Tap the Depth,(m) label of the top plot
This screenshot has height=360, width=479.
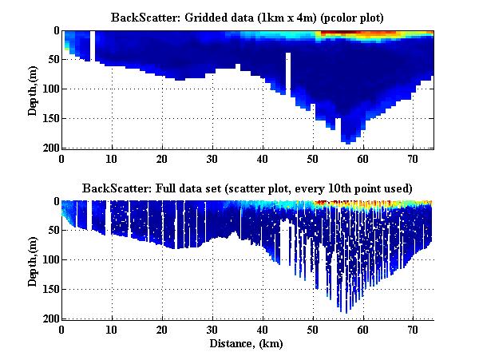coord(33,89)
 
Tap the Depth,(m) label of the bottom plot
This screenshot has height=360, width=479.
coord(33,260)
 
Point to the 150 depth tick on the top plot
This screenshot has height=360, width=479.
coord(49,119)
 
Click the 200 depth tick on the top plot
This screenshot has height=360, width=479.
coord(49,148)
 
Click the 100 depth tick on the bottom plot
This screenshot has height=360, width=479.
coord(49,260)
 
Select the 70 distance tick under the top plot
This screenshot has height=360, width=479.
coord(413,159)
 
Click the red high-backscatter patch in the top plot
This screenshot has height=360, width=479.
coord(351,34)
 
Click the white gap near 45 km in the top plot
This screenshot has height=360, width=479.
coord(288,72)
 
